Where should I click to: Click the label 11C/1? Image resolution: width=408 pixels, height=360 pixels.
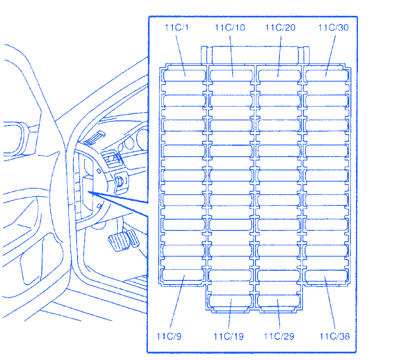[x=176, y=28]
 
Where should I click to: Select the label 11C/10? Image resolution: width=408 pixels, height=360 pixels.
[x=230, y=28]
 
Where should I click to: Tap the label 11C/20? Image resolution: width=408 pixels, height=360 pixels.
[x=280, y=28]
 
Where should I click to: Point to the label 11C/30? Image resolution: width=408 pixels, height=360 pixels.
[x=334, y=28]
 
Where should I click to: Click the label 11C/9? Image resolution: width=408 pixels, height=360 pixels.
[x=169, y=337]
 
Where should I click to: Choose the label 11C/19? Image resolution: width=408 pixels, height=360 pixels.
[x=228, y=337]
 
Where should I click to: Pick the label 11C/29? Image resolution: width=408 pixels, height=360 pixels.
[x=279, y=337]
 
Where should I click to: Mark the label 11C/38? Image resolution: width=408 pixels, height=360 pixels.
[x=335, y=337]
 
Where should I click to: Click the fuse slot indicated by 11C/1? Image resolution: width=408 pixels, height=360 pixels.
[x=184, y=75]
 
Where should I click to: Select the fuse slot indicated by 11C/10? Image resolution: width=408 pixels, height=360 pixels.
[x=231, y=75]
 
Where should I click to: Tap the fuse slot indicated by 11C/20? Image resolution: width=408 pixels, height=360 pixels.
[x=279, y=75]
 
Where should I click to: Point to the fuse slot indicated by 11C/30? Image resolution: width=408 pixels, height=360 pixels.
[x=327, y=75]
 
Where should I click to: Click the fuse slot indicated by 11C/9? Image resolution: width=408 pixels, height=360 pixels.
[x=183, y=275]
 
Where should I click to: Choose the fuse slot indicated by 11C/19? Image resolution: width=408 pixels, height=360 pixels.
[x=230, y=300]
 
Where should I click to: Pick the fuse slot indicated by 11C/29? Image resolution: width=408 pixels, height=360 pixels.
[x=278, y=300]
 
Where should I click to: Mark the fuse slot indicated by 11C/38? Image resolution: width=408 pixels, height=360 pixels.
[x=326, y=276]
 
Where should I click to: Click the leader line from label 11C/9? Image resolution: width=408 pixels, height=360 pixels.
[x=177, y=302]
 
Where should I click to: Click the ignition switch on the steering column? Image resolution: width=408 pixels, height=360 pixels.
[x=120, y=182]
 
